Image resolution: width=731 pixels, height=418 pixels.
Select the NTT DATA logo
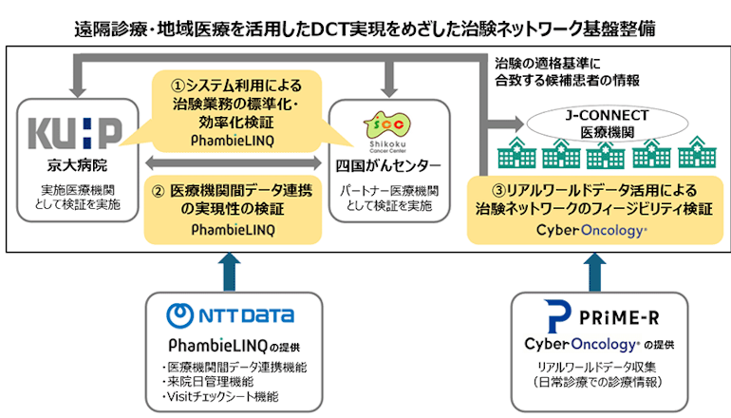pyautogui.click(x=230, y=314)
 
